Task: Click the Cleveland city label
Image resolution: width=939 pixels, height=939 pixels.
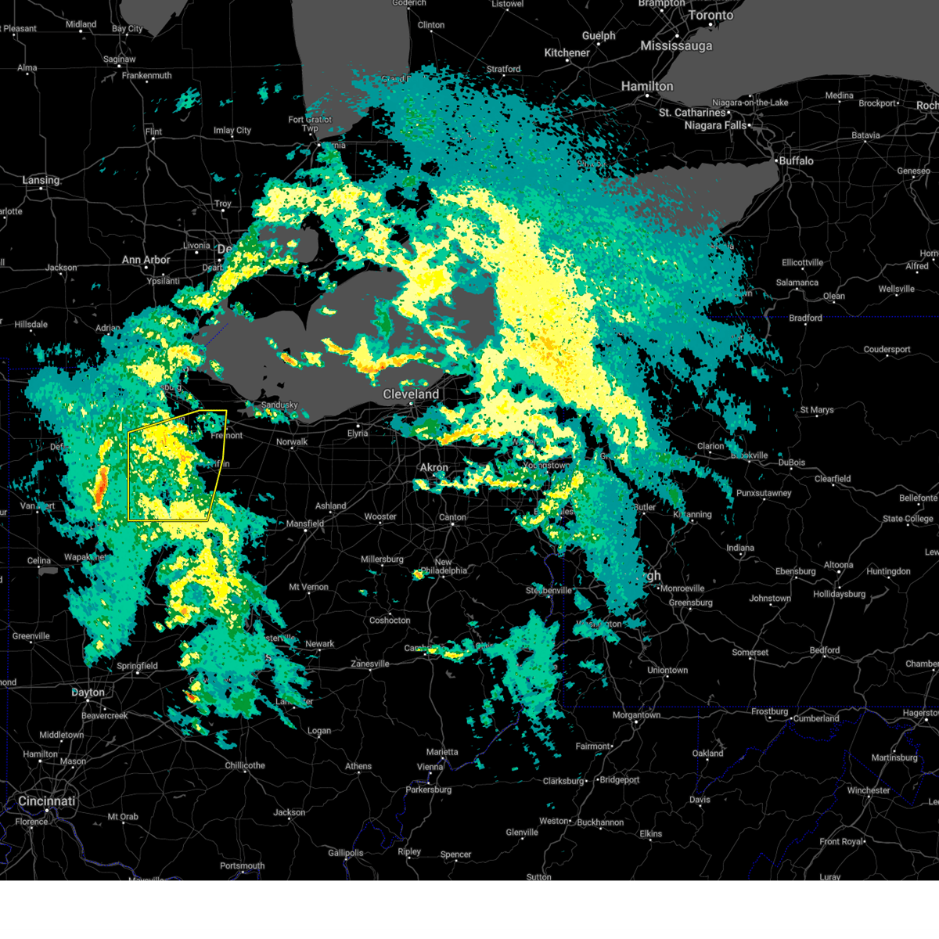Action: point(411,394)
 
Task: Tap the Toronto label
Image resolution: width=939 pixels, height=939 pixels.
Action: point(711,15)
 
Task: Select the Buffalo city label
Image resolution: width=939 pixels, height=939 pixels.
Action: point(796,160)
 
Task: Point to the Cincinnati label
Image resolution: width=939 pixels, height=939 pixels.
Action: point(47,801)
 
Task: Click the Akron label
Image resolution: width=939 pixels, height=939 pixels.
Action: point(434,467)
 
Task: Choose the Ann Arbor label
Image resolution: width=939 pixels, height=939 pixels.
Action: point(146,260)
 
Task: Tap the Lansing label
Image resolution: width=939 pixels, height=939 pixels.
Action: point(41,180)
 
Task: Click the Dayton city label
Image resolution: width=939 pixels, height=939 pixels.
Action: point(88,692)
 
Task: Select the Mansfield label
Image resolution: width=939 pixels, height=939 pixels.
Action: point(305,523)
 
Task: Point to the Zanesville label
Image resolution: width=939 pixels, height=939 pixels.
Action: point(370,664)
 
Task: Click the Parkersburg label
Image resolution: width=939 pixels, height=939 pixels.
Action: point(429,790)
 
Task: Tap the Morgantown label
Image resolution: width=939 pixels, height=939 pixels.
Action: point(636,715)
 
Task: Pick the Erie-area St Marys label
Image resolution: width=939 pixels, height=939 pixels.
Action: point(817,410)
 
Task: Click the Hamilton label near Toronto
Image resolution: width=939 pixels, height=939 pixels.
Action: point(647,86)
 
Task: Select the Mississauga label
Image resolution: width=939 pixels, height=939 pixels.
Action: point(676,46)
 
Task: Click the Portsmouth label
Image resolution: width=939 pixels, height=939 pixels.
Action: point(242,865)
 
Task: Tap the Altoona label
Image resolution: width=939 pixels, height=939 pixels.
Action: point(838,565)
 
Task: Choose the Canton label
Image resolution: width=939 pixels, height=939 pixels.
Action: point(452,517)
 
